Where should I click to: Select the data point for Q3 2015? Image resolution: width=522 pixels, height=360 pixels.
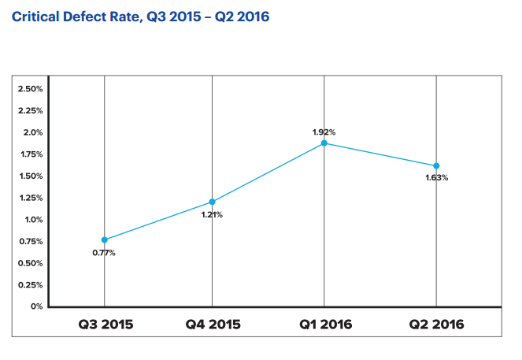(x=104, y=239)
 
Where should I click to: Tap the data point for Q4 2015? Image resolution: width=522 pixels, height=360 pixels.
(x=212, y=202)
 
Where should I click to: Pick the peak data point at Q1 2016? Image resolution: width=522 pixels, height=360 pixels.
(x=324, y=143)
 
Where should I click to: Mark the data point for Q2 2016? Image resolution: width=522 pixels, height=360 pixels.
(x=436, y=165)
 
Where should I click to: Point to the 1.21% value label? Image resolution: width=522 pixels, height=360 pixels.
(x=211, y=215)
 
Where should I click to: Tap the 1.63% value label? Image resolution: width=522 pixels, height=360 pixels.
(x=435, y=178)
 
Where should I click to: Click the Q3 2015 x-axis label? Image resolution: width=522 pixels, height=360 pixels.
(x=105, y=325)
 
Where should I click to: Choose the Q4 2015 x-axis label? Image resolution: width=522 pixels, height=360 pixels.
(x=213, y=325)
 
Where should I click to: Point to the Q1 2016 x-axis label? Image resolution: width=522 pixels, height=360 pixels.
(x=324, y=325)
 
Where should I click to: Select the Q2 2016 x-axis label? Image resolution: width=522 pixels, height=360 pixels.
(x=436, y=325)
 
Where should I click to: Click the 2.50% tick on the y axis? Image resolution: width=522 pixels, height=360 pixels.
(x=29, y=89)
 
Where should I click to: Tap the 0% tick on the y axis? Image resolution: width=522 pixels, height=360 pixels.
(x=35, y=306)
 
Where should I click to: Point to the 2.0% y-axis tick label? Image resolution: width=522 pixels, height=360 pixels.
(x=32, y=132)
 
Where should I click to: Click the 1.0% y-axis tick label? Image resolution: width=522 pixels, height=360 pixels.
(x=32, y=220)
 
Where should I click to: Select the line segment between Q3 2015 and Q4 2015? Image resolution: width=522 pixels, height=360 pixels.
(x=157, y=221)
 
